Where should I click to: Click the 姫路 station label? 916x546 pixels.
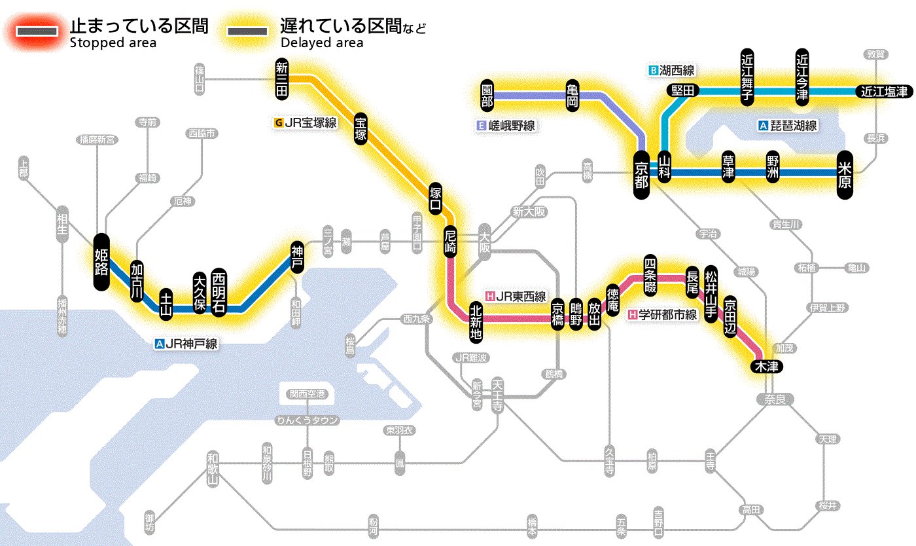(101, 262)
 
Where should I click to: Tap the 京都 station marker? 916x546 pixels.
(642, 172)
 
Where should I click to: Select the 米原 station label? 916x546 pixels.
(845, 173)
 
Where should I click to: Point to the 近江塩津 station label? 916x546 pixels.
(884, 92)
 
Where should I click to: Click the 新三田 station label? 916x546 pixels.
(282, 79)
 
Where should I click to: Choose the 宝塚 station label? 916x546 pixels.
(361, 128)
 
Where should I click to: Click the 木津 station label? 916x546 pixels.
(766, 366)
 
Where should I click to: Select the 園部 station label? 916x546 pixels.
(487, 96)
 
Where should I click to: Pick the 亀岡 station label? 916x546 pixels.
(572, 96)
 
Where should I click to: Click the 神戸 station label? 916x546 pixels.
(297, 257)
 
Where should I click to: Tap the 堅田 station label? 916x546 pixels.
(683, 91)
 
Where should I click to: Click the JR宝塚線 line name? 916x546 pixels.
(310, 122)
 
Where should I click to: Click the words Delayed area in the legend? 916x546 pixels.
(321, 43)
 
